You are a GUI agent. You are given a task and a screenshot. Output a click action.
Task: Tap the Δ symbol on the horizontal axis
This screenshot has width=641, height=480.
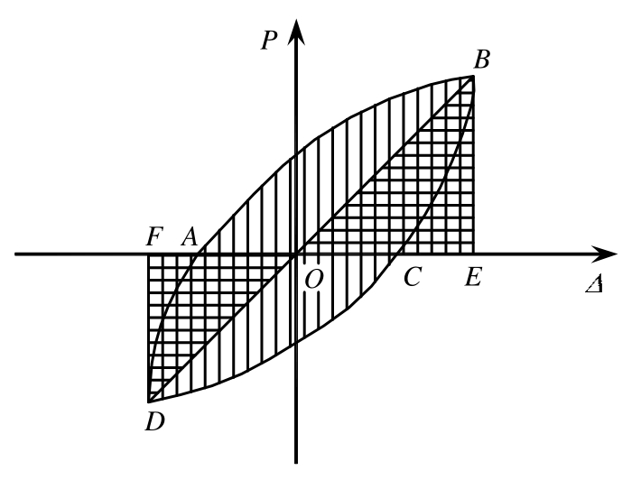pyautogui.click(x=593, y=283)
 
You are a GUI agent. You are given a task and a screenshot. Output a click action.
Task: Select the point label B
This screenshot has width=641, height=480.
pyautogui.click(x=482, y=60)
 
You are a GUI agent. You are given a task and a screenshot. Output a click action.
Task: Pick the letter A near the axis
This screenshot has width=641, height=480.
pyautogui.click(x=189, y=237)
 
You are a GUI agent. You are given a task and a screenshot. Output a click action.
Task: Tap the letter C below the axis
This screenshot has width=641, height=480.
pyautogui.click(x=413, y=278)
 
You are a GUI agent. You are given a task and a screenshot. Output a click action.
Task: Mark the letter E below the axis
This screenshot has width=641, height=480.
pyautogui.click(x=472, y=278)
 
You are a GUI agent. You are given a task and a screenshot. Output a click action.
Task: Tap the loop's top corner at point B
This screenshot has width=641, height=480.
pyautogui.click(x=473, y=76)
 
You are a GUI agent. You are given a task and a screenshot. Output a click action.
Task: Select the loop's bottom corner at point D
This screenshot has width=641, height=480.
pyautogui.click(x=149, y=401)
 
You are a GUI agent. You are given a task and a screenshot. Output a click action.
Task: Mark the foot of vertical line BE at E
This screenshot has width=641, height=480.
pyautogui.click(x=473, y=254)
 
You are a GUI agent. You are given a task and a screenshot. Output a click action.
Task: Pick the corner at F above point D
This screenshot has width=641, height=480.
pyautogui.click(x=149, y=254)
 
